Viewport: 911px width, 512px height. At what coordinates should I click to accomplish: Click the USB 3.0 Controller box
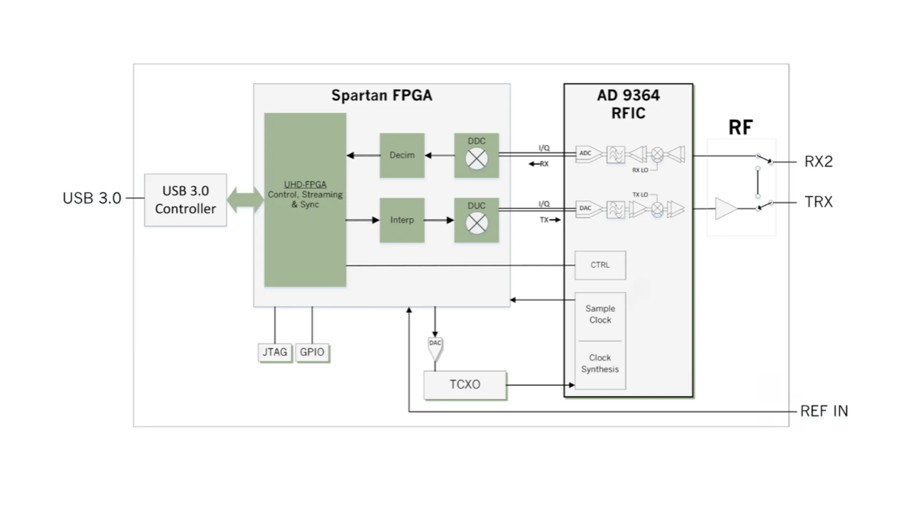[x=186, y=200]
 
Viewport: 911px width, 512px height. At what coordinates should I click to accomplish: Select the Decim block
[x=402, y=155]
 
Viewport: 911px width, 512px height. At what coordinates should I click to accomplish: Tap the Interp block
[x=402, y=220]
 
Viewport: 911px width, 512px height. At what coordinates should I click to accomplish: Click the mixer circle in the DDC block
[x=476, y=159]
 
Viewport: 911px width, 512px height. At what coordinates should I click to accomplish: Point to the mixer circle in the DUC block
[x=476, y=223]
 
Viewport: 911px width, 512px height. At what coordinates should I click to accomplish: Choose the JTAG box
[x=275, y=352]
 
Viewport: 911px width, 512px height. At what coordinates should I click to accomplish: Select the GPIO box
[x=312, y=352]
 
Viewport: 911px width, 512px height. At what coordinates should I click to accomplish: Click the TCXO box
[x=465, y=384]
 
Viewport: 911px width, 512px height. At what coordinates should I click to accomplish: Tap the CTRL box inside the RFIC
[x=600, y=265]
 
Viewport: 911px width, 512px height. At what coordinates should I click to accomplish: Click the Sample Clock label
[x=600, y=314]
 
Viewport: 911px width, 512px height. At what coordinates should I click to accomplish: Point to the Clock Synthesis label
[x=600, y=364]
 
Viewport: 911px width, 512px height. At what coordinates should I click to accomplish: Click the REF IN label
[x=824, y=411]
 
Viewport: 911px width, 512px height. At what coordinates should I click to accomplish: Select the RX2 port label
[x=818, y=162]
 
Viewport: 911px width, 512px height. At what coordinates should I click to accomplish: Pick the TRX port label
[x=818, y=202]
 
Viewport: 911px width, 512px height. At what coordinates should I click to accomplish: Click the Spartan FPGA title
[x=382, y=95]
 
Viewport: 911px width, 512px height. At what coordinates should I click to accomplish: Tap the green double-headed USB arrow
[x=245, y=200]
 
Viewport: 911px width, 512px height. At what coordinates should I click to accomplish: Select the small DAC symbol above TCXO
[x=435, y=349]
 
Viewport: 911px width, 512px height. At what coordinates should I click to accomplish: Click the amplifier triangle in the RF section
[x=726, y=209]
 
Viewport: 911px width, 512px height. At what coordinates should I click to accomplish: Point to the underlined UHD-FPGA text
[x=305, y=184]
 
